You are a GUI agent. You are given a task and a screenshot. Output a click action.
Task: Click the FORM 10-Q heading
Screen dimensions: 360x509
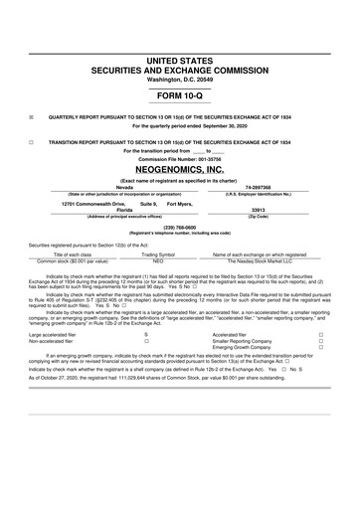click(180, 96)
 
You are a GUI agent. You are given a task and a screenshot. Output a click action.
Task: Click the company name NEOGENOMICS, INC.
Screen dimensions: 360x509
click(180, 170)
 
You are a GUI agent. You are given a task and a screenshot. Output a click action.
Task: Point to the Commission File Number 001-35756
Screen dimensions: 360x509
click(180, 159)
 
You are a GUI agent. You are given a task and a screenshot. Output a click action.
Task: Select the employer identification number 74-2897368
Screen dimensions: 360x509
click(259, 186)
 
